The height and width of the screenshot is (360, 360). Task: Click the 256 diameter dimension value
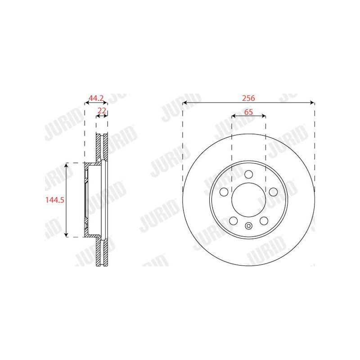pyautogui.click(x=248, y=98)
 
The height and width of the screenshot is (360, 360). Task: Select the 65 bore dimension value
pyautogui.click(x=248, y=112)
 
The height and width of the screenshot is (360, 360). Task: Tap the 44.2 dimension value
pyautogui.click(x=96, y=98)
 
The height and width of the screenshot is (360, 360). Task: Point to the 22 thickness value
pyautogui.click(x=102, y=111)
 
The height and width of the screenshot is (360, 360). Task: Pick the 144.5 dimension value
pyautogui.click(x=54, y=200)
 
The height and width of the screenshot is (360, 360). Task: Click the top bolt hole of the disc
pyautogui.click(x=249, y=175)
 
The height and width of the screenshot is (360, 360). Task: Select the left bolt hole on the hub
pyautogui.click(x=224, y=192)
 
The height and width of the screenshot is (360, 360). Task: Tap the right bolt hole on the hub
pyautogui.click(x=273, y=192)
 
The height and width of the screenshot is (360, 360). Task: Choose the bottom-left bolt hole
pyautogui.click(x=234, y=221)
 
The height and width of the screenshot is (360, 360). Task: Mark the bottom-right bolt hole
pyautogui.click(x=264, y=221)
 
